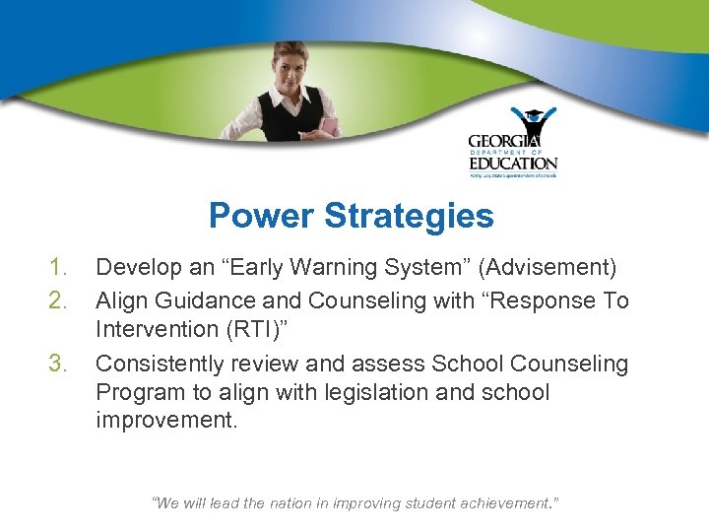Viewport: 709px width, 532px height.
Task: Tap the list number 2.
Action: tap(58, 300)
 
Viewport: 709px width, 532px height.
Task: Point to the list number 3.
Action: tap(58, 364)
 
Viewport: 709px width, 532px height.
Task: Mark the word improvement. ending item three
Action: tap(167, 421)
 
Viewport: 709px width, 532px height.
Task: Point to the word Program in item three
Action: tap(138, 392)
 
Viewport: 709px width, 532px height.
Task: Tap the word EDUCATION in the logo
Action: tap(512, 163)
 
